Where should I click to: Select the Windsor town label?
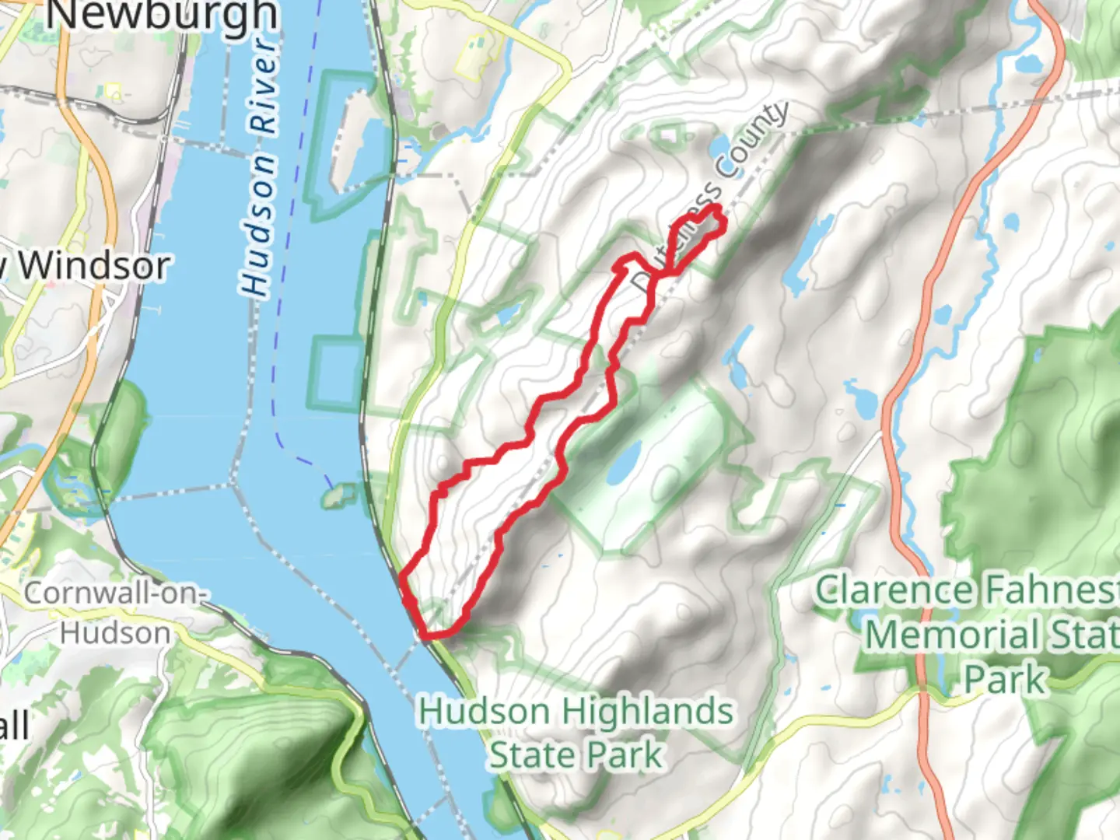point(93,267)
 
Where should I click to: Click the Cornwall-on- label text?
point(115,593)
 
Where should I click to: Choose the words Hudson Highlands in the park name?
point(576,712)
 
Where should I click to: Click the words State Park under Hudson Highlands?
point(576,755)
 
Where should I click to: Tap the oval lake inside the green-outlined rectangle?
point(625,464)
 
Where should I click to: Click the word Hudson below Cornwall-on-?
point(115,633)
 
